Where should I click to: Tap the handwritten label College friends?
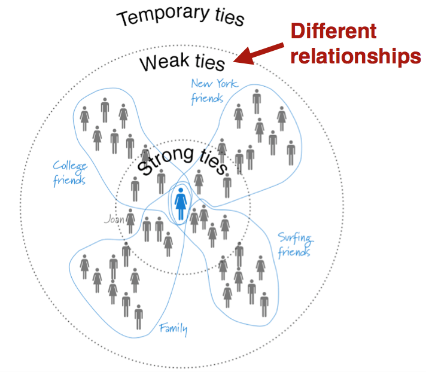pyautogui.click(x=69, y=172)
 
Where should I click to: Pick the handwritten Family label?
pyautogui.click(x=174, y=328)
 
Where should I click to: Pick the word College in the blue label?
pyautogui.click(x=69, y=166)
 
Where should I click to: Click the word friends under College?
pyautogui.click(x=69, y=179)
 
